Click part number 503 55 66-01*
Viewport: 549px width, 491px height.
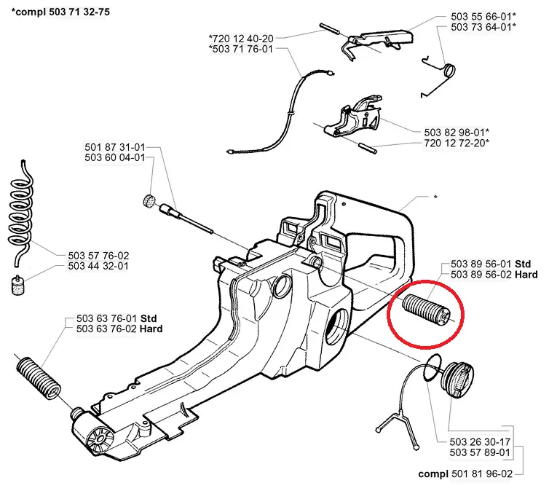pyautogui.click(x=483, y=15)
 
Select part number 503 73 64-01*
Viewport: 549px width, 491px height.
pyautogui.click(x=483, y=27)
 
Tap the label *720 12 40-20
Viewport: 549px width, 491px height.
pyautogui.click(x=240, y=37)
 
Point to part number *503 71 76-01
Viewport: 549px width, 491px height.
pyautogui.click(x=240, y=49)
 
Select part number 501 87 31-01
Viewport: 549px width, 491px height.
pyautogui.click(x=114, y=146)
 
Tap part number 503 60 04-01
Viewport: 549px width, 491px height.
pyautogui.click(x=114, y=157)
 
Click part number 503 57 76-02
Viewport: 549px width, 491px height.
pyautogui.click(x=98, y=255)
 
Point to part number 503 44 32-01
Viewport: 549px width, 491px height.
pyautogui.click(x=98, y=266)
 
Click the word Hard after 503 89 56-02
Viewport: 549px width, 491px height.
pyautogui.click(x=526, y=275)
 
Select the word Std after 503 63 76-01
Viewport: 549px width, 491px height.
pyautogui.click(x=149, y=318)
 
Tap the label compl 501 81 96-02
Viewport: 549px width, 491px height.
pyautogui.click(x=465, y=474)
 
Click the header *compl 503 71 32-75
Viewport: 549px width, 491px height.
pyautogui.click(x=55, y=10)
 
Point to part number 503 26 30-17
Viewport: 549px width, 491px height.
pyautogui.click(x=481, y=442)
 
